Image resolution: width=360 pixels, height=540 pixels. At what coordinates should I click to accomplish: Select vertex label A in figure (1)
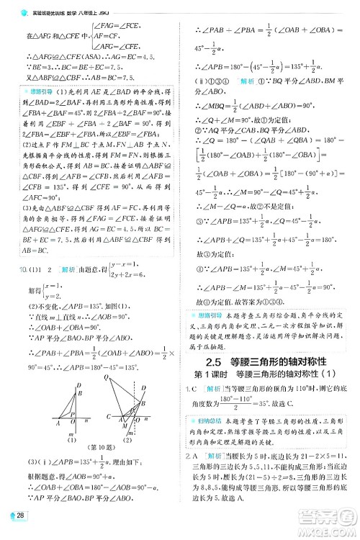pyautogui.click(x=57, y=424)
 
